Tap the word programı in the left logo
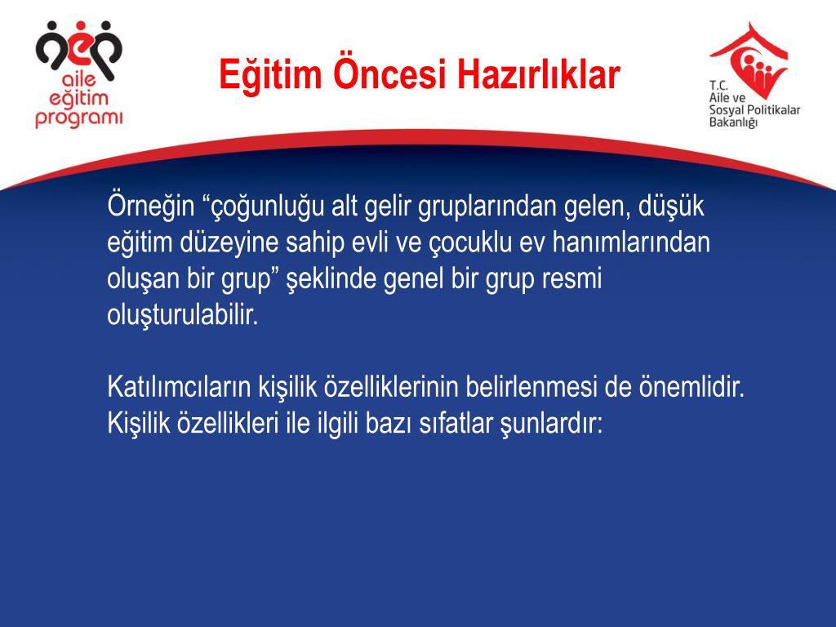pos(78,118)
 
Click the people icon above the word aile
pos(78,50)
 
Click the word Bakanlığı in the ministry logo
pos(733,122)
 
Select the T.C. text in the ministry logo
pos(719,85)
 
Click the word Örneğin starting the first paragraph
pos(150,206)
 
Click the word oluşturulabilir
pos(182,315)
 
